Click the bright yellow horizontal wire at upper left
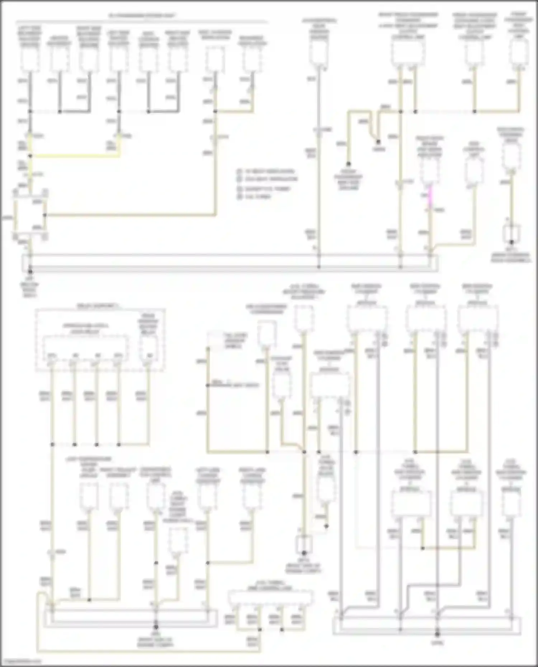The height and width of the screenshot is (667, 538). [75, 156]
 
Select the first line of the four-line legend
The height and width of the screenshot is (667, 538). [269, 171]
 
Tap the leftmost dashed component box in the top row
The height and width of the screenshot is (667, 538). [30, 59]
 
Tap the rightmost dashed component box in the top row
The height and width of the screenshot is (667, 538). [519, 52]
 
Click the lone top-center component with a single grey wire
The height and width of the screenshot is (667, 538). [318, 52]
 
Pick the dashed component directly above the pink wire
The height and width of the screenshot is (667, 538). [429, 170]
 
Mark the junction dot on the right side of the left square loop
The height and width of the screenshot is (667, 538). [44, 215]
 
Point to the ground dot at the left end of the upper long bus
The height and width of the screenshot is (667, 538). [30, 267]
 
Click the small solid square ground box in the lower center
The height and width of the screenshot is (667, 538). [303, 545]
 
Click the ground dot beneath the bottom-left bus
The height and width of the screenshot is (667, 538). [156, 627]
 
